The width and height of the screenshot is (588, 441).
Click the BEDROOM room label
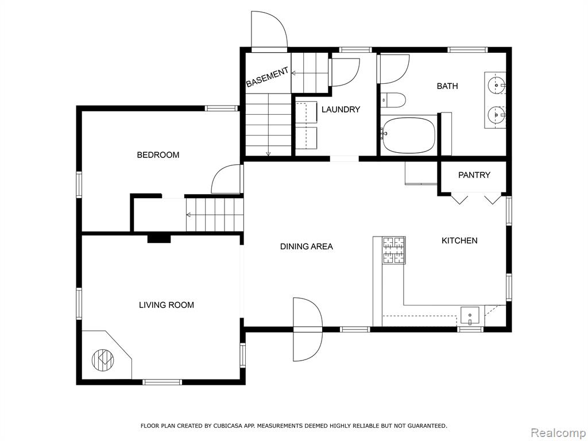pyautogui.click(x=158, y=155)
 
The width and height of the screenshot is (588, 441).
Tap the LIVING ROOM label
pyautogui.click(x=167, y=305)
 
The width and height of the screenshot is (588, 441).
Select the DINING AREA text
pyautogui.click(x=307, y=246)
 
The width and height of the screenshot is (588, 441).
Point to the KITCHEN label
pyautogui.click(x=459, y=241)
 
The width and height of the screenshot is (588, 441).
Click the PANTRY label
pyautogui.click(x=474, y=175)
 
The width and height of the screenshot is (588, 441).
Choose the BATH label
pyautogui.click(x=447, y=86)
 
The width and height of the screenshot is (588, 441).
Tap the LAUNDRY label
pyautogui.click(x=341, y=110)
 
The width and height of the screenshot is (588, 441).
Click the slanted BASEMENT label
pyautogui.click(x=268, y=77)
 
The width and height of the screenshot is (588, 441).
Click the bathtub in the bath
pyautogui.click(x=408, y=135)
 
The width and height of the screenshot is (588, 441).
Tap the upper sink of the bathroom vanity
pyautogui.click(x=496, y=86)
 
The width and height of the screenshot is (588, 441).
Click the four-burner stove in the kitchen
pyautogui.click(x=394, y=250)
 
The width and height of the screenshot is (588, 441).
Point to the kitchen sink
pyautogui.click(x=470, y=316)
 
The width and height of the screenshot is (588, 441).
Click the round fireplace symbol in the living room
pyautogui.click(x=103, y=360)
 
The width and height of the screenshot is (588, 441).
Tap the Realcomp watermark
pyautogui.click(x=558, y=433)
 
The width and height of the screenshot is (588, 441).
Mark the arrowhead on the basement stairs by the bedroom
pyautogui.click(x=188, y=215)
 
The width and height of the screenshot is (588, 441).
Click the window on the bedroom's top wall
pyautogui.click(x=221, y=109)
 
